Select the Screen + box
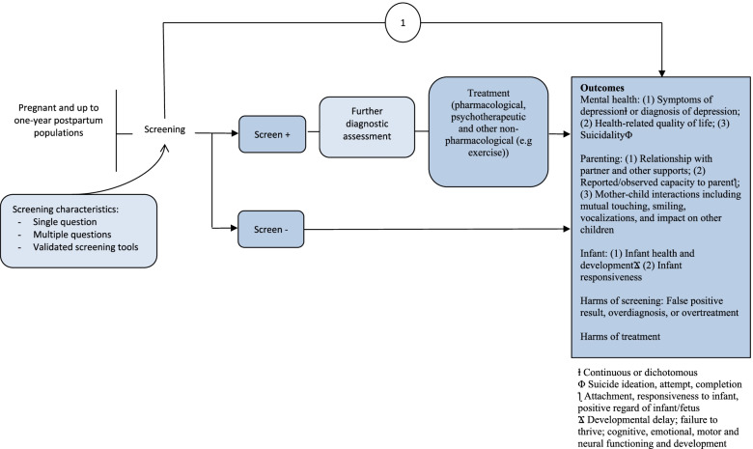pos(274,135)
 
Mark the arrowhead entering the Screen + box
pos(236,135)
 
